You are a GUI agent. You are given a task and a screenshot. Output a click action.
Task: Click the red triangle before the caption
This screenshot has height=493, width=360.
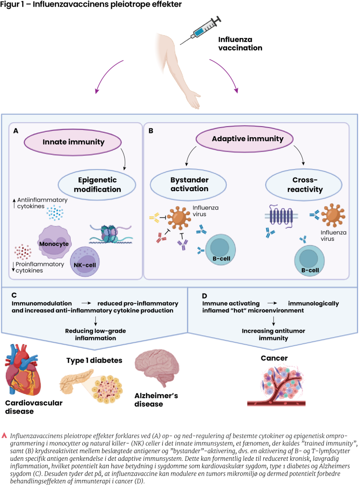[x=5, y=435]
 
